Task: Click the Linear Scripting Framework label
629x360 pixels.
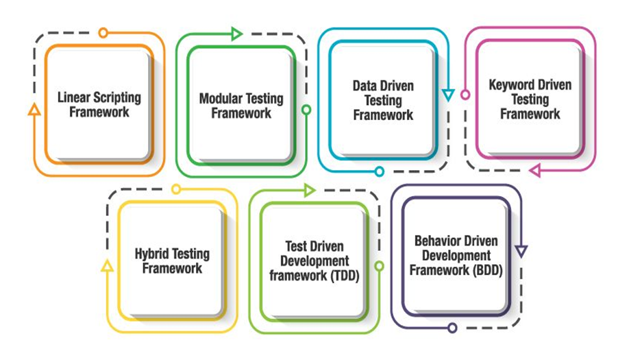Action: coord(99,104)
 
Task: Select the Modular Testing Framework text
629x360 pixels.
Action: coord(241,106)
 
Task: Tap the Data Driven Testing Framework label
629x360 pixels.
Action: coord(383,100)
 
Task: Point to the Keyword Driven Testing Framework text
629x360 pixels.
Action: coord(530,99)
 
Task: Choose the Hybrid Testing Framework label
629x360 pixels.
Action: coord(172,261)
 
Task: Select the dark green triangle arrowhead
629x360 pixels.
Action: coord(237,32)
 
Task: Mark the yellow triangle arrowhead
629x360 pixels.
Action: coord(106,265)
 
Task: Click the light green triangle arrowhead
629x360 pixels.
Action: coord(309,189)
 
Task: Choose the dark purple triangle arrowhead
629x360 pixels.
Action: coord(521,252)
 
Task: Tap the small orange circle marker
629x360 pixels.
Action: coord(103,32)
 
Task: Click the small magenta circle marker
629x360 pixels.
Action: coord(465,95)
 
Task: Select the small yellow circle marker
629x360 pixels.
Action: coord(176,189)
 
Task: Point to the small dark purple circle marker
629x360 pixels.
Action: coord(452,328)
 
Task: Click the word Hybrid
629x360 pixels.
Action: coord(154,254)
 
